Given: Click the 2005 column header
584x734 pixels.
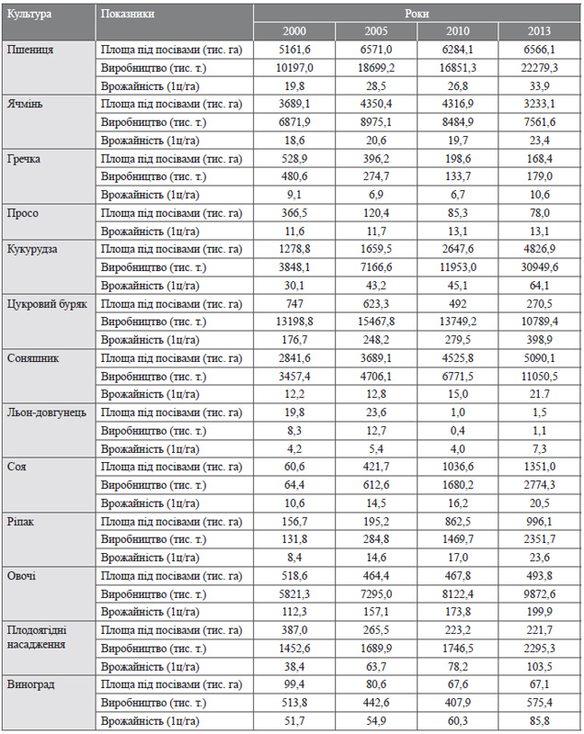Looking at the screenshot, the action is tap(376, 31).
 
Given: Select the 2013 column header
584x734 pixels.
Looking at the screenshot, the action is tap(539, 31).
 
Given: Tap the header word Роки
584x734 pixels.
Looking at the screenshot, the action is tap(417, 14).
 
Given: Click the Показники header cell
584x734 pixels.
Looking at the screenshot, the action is tap(128, 14).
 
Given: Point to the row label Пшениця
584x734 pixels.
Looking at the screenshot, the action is tap(30, 51).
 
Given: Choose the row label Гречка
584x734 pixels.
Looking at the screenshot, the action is tap(23, 159).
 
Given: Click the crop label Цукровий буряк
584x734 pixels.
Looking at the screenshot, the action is tap(47, 304).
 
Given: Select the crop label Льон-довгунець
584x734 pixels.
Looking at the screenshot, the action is tap(46, 412).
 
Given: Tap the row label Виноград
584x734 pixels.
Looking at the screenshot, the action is tap(30, 684).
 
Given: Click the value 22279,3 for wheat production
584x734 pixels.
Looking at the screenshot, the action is tap(539, 68).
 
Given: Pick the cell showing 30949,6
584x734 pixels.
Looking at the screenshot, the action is tap(539, 267).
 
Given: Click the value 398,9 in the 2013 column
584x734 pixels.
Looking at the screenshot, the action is tap(539, 340).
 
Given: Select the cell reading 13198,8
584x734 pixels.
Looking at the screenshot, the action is tap(294, 322).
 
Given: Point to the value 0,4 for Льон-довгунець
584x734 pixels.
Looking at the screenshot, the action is tap(457, 431).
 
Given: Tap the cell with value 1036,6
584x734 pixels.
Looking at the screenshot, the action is tap(457, 468).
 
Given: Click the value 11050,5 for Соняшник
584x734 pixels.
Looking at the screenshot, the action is tap(539, 377).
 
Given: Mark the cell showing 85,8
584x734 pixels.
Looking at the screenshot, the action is tap(539, 721).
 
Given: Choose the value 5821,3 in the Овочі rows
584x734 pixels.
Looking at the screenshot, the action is tap(294, 594).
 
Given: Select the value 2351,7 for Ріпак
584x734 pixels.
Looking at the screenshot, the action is tap(539, 540).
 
